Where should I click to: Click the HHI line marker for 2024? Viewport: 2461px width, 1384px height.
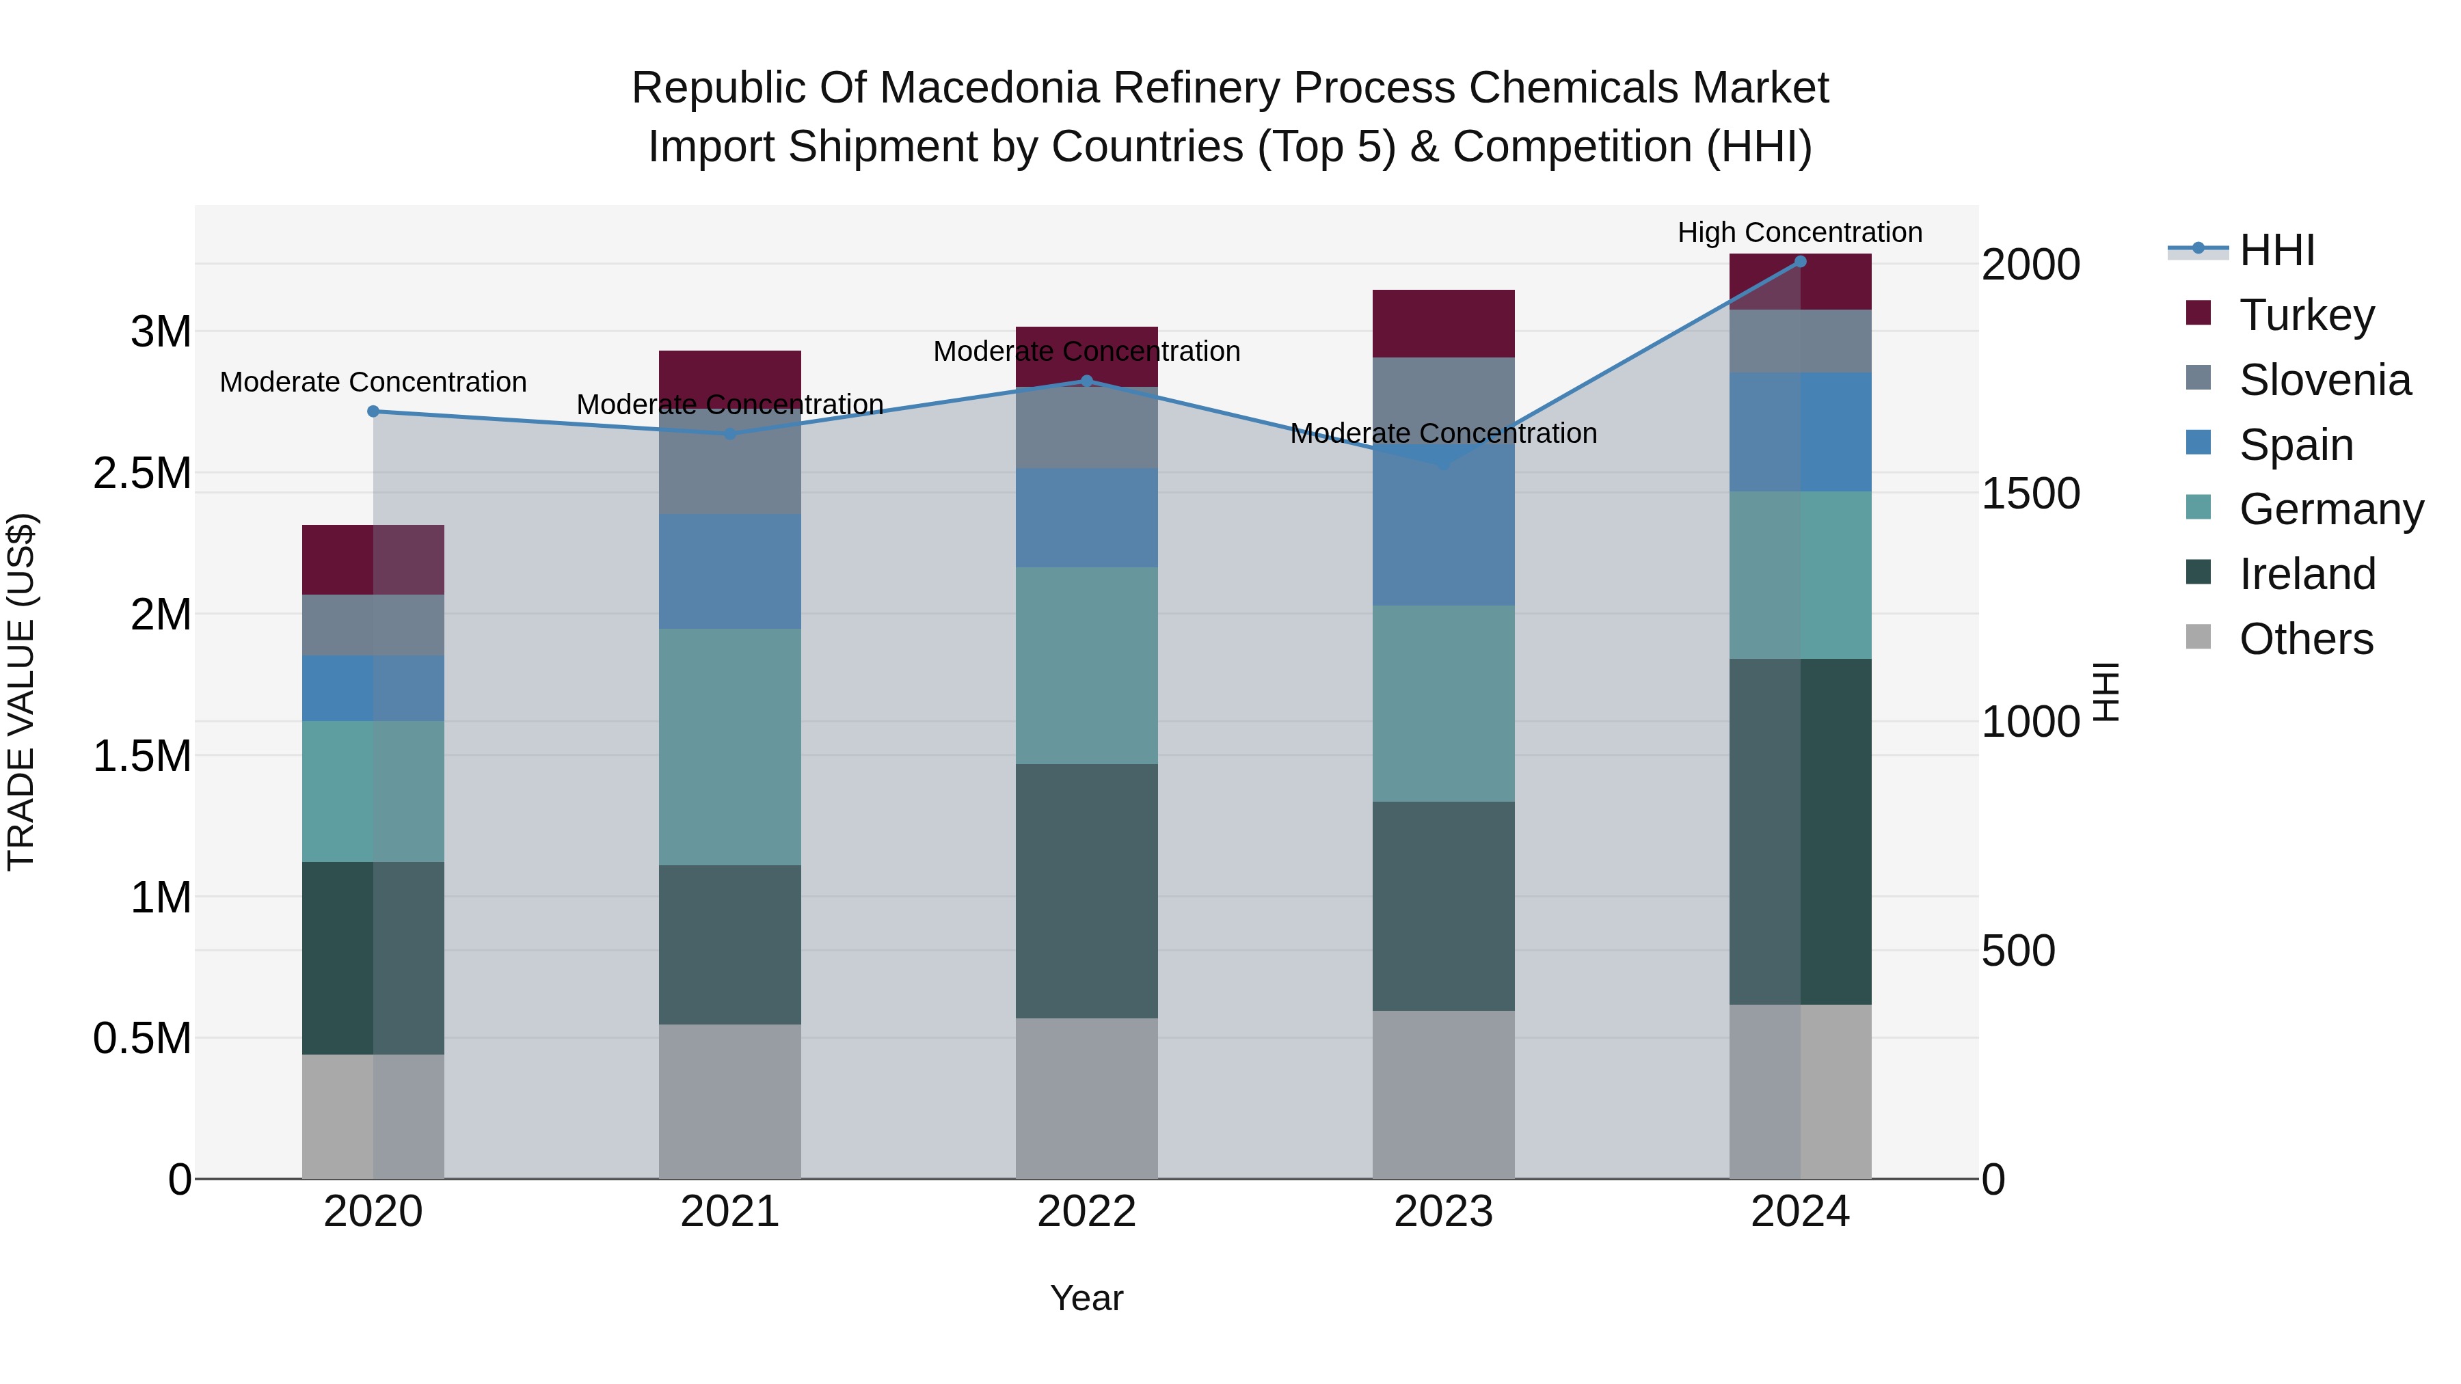(1800, 261)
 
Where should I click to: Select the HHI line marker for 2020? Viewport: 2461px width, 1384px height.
(373, 411)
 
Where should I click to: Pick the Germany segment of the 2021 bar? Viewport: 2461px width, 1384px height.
(730, 747)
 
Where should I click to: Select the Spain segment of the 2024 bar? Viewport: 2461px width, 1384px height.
(1800, 432)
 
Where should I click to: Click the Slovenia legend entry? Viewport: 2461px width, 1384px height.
(2324, 380)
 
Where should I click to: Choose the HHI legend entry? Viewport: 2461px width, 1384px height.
(2276, 250)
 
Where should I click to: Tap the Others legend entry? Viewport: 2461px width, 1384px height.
(2305, 639)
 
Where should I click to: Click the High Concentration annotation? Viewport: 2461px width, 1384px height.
(1800, 232)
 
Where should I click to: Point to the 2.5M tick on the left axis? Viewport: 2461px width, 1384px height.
(142, 473)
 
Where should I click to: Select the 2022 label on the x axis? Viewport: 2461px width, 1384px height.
(1086, 1212)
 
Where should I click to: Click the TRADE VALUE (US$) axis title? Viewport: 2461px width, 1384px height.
(21, 692)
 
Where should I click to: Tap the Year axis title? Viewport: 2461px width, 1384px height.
(1086, 1298)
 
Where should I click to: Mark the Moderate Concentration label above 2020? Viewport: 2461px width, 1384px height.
(373, 382)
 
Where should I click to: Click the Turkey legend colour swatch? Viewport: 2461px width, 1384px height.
(2198, 313)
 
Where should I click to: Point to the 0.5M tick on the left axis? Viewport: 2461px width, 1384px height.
(142, 1038)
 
